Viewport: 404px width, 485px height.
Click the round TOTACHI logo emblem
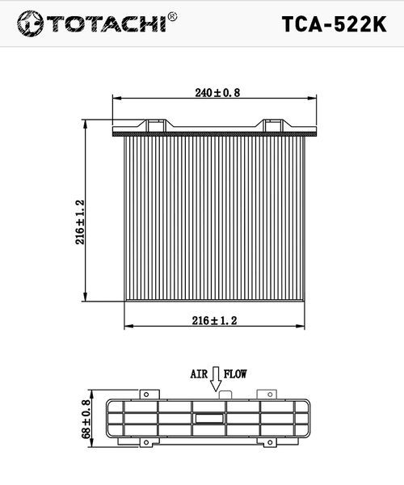(x=30, y=23)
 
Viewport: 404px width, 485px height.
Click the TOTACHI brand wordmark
(x=107, y=23)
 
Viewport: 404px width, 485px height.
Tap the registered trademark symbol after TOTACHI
(x=172, y=16)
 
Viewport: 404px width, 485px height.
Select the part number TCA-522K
(x=334, y=24)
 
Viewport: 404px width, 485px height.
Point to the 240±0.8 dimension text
(x=217, y=92)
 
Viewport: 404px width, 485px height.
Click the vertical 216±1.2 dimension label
(x=80, y=221)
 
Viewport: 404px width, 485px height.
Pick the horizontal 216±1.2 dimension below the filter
(x=214, y=320)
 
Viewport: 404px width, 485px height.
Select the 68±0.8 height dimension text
(x=86, y=419)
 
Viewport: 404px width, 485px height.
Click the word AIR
(x=199, y=374)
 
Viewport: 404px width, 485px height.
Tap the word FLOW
(x=235, y=374)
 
